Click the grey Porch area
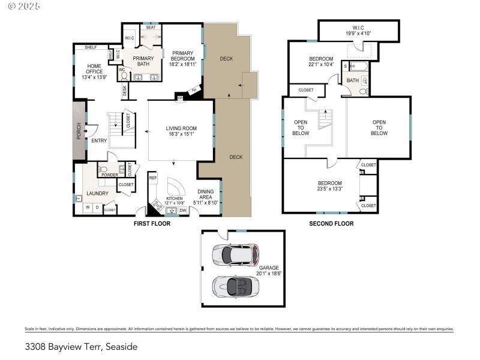(79, 131)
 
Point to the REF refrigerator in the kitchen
(153, 178)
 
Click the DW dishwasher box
(183, 210)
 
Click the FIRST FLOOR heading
(152, 223)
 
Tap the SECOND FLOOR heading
(331, 223)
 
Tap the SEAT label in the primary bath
(150, 27)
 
